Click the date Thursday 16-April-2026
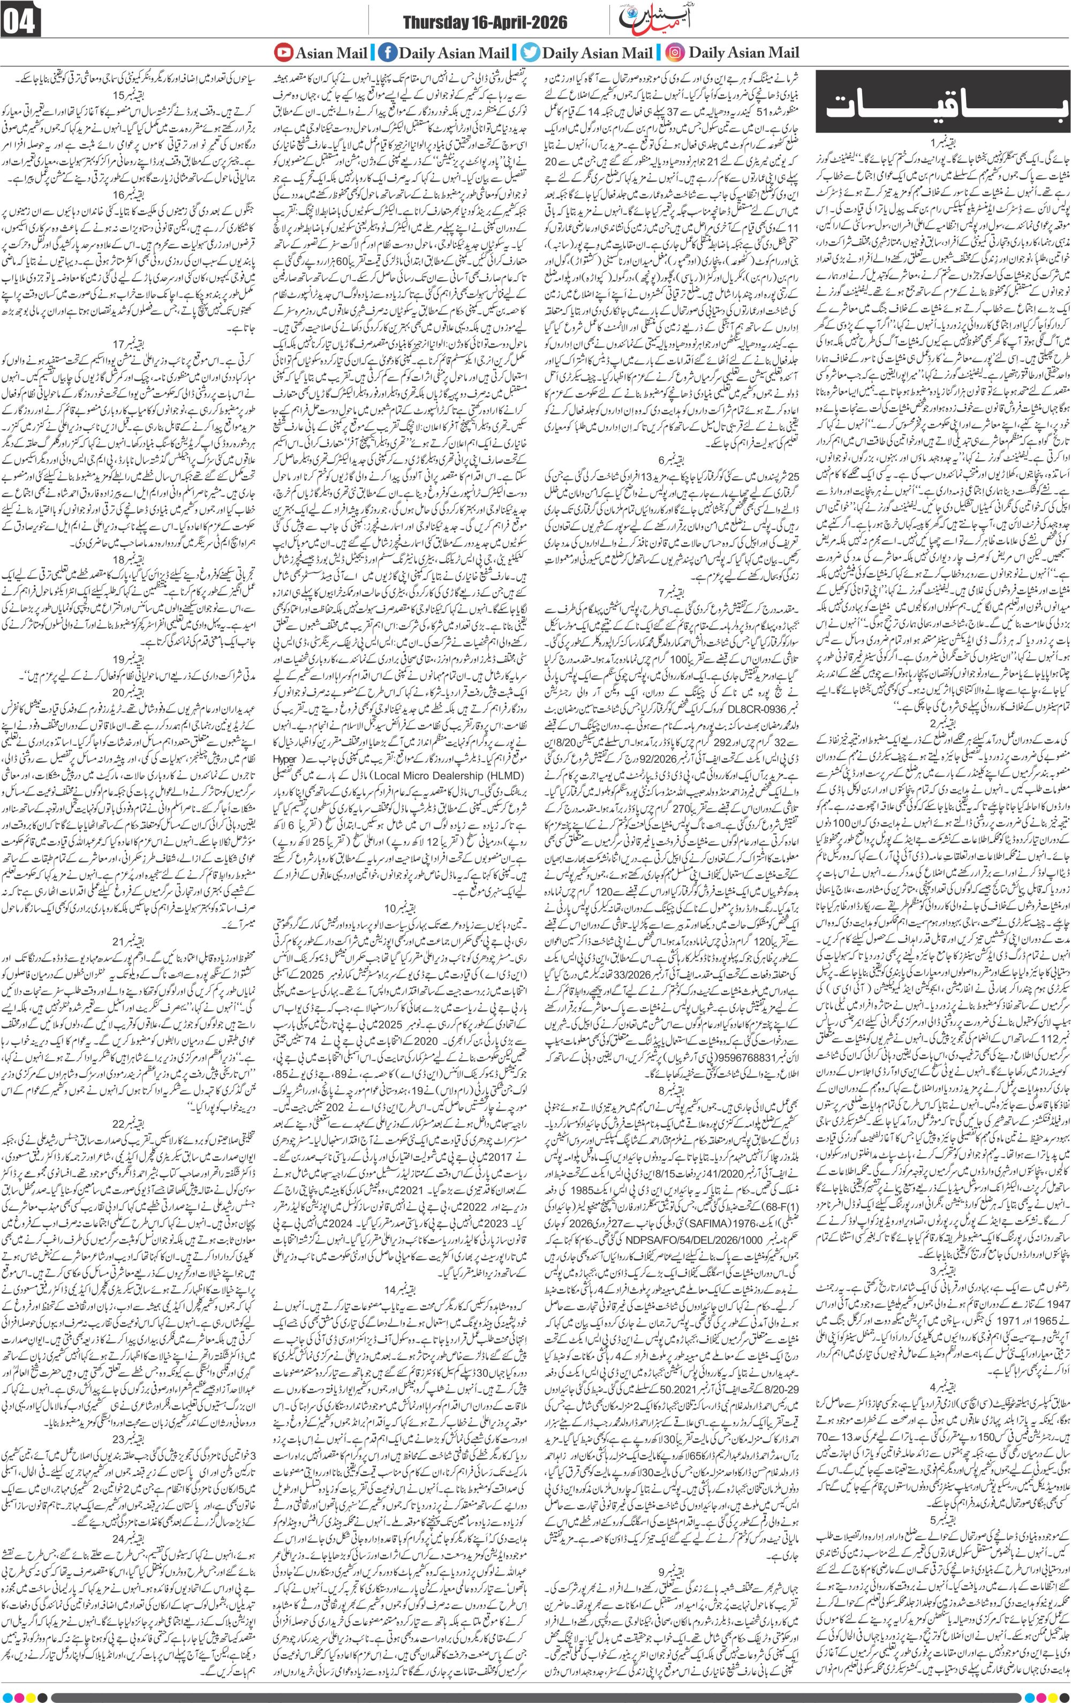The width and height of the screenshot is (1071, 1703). (485, 24)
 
